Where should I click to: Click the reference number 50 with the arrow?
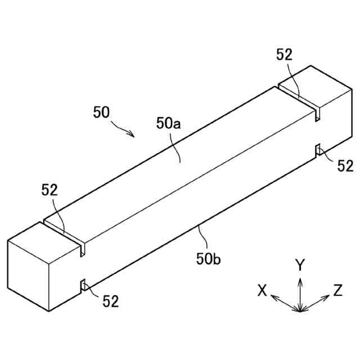pyautogui.click(x=101, y=112)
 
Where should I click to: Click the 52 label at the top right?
pyautogui.click(x=285, y=55)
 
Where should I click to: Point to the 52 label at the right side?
pyautogui.click(x=345, y=165)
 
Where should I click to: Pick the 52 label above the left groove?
pyautogui.click(x=49, y=190)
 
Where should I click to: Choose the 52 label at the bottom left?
pyautogui.click(x=111, y=301)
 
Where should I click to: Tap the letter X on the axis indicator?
pyautogui.click(x=262, y=290)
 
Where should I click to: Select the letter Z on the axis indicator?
pyautogui.click(x=338, y=290)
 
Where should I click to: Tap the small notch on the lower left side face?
pyautogui.click(x=83, y=286)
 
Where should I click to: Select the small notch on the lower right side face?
pyautogui.click(x=318, y=150)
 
